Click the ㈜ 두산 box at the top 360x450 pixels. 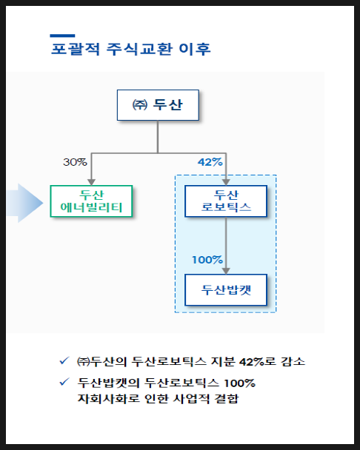(158, 105)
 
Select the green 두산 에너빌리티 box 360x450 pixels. (91, 201)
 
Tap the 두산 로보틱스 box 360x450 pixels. (226, 201)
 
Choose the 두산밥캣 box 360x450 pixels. (226, 290)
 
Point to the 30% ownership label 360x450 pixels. (75, 162)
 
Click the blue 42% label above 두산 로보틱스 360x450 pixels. (210, 162)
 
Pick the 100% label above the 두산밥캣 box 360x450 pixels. (207, 260)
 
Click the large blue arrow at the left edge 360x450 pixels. (24, 203)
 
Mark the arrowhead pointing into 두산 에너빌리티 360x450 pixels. (91, 182)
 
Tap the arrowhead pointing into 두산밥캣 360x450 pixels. (226, 271)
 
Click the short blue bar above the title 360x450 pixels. (62, 36)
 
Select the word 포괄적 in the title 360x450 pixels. (76, 49)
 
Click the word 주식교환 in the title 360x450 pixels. (140, 49)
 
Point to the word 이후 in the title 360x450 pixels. (195, 49)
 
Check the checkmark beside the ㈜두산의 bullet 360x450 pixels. (64, 360)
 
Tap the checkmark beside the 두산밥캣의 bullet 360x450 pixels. (64, 382)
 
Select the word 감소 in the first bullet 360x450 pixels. (293, 362)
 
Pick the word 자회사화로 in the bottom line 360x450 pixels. (109, 399)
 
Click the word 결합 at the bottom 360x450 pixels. (227, 399)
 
